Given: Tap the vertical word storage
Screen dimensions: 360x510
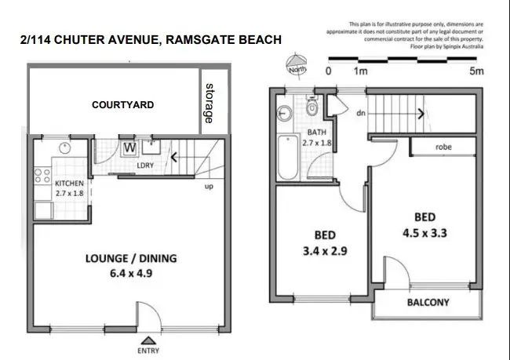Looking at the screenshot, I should (209, 103).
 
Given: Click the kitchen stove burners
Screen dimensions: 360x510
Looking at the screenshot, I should (39, 176).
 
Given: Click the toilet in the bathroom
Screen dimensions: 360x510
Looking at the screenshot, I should (311, 107).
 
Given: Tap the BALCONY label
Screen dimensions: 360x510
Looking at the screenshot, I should (427, 303).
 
